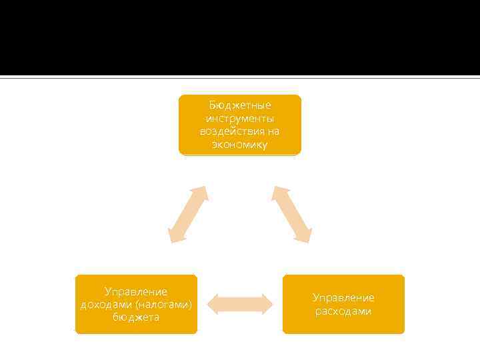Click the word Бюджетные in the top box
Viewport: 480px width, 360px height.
coord(240,105)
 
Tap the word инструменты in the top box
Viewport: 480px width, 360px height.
coord(240,118)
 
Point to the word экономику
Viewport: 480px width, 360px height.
coord(240,145)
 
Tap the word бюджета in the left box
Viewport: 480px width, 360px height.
coord(136,317)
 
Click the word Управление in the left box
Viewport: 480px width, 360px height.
coord(136,291)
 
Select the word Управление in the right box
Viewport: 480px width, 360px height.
coord(343,297)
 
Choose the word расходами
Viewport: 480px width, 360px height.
coord(343,311)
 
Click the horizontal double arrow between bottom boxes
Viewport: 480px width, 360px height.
coord(240,304)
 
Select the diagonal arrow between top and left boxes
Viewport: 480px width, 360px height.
coord(188,214)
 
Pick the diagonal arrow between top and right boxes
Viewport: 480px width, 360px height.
coord(291,214)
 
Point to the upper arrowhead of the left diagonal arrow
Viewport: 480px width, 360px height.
coord(201,193)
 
